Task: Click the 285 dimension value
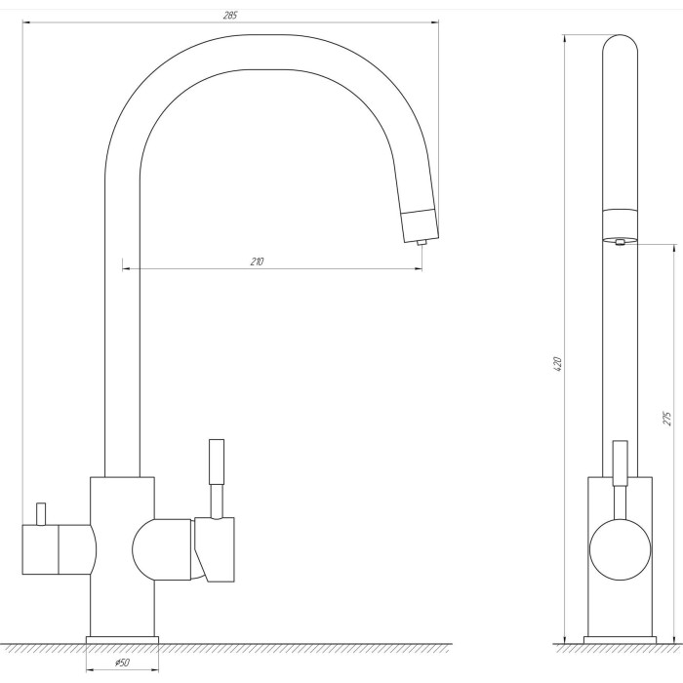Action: pyautogui.click(x=230, y=16)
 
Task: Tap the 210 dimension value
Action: pyautogui.click(x=257, y=261)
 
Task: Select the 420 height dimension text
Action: pyautogui.click(x=557, y=364)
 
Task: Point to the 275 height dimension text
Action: pyautogui.click(x=666, y=419)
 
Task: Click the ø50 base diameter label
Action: pyautogui.click(x=122, y=663)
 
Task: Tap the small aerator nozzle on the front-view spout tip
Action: pyautogui.click(x=421, y=243)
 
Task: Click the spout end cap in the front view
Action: pyautogui.click(x=420, y=225)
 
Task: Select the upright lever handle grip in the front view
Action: pyautogui.click(x=217, y=462)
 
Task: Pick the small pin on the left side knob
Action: pyautogui.click(x=41, y=514)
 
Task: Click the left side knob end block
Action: pyautogui.click(x=40, y=549)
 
